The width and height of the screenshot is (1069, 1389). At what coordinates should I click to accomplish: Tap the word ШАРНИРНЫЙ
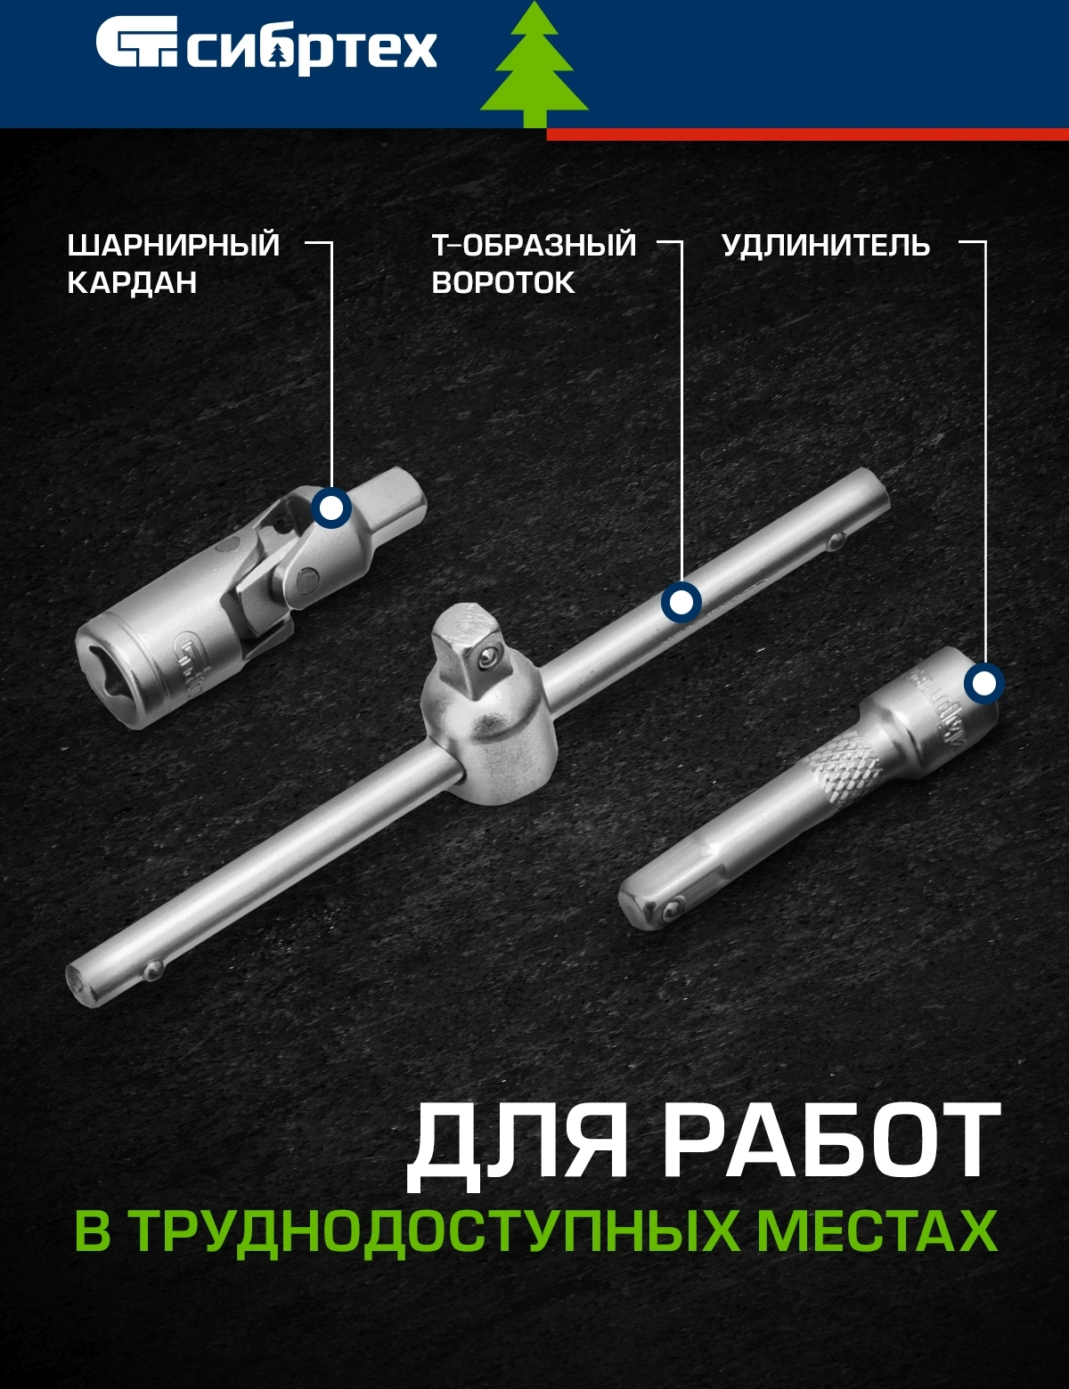tap(173, 246)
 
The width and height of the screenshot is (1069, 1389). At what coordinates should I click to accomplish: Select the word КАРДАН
tap(132, 282)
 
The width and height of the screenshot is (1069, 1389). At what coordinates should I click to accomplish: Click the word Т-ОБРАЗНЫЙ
tap(534, 246)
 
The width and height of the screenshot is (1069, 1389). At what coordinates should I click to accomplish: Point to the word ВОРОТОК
tap(503, 282)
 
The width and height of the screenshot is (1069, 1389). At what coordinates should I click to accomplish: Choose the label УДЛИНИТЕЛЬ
tap(826, 246)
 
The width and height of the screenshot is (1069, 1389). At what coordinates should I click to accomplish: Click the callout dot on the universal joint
tap(331, 508)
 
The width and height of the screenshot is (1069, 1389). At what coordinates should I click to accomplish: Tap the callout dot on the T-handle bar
tap(681, 602)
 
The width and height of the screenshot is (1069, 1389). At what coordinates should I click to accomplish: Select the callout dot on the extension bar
tap(984, 684)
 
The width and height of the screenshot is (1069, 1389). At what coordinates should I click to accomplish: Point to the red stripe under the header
tap(807, 134)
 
